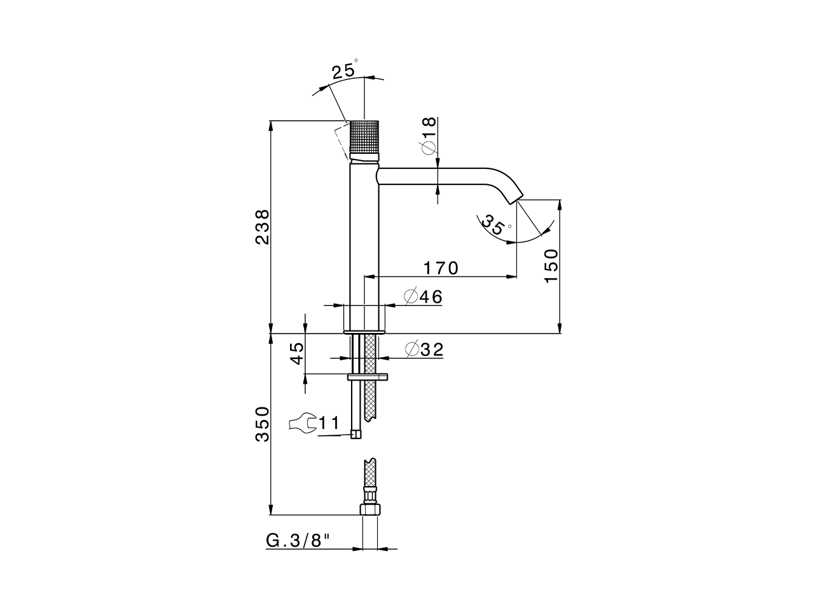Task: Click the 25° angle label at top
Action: [344, 71]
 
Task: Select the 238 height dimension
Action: [262, 227]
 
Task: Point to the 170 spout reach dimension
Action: [441, 268]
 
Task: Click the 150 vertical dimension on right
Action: [551, 266]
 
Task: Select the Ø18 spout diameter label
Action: [428, 135]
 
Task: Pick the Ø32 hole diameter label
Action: [424, 349]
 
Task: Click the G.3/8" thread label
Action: [298, 541]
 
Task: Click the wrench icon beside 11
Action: [302, 423]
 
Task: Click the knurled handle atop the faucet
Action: [364, 139]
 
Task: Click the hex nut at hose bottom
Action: [369, 509]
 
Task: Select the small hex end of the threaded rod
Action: [356, 435]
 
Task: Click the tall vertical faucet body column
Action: [364, 241]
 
